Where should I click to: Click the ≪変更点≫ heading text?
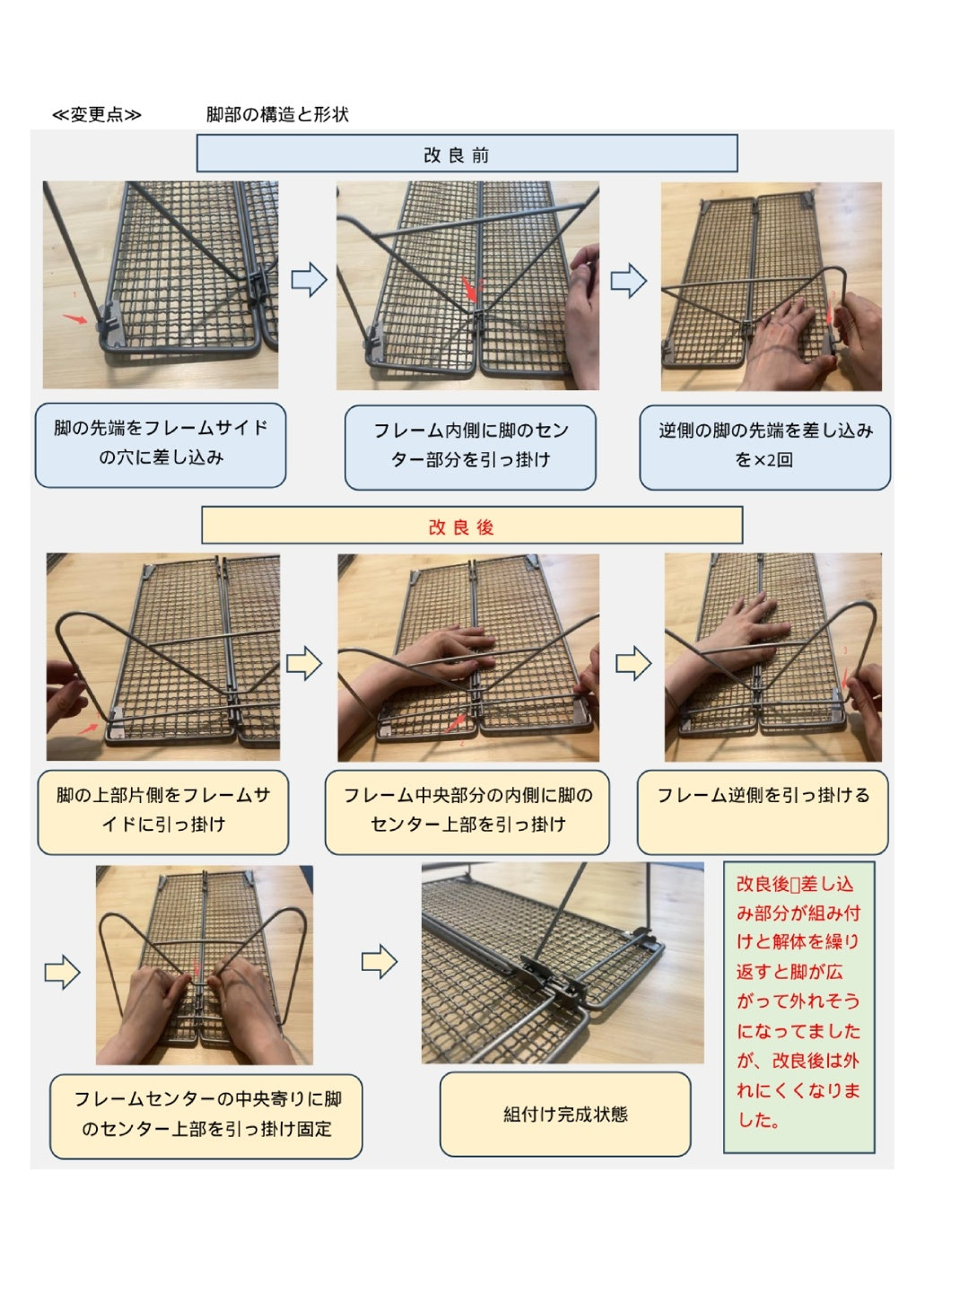(x=97, y=114)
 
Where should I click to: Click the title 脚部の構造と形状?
(x=277, y=114)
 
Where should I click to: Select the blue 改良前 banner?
(x=467, y=153)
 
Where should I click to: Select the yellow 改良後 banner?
(x=472, y=525)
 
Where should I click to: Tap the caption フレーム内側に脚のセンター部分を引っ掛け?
(x=470, y=447)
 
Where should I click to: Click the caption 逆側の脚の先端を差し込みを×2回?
(x=764, y=447)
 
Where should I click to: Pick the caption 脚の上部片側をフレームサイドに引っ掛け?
(x=163, y=812)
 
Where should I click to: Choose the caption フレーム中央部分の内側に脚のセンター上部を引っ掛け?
(x=467, y=812)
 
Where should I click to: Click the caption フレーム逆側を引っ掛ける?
(x=763, y=812)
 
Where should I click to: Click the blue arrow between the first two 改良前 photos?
(x=310, y=279)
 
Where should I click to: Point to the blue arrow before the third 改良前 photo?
(x=628, y=280)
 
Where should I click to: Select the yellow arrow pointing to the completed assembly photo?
(x=379, y=962)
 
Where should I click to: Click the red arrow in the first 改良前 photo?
(x=74, y=319)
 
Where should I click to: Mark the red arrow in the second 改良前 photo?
(x=470, y=290)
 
